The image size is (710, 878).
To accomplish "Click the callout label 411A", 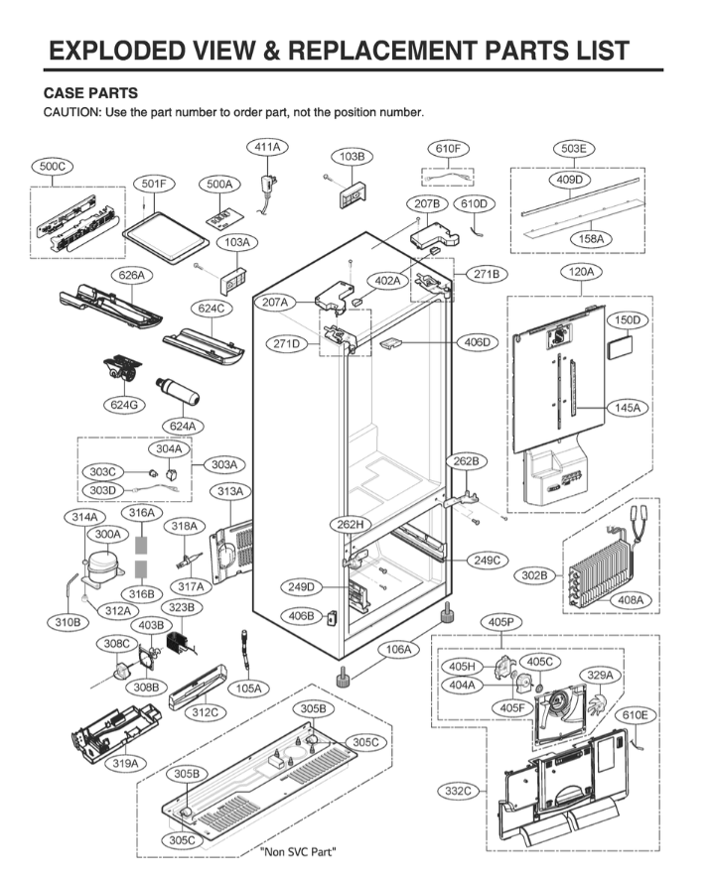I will pyautogui.click(x=267, y=147).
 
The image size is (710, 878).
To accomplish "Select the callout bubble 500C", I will pyautogui.click(x=53, y=168).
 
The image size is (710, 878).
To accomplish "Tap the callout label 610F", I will pyautogui.click(x=448, y=149).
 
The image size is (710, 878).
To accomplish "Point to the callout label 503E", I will pyautogui.click(x=573, y=149).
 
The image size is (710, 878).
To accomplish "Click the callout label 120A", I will pyautogui.click(x=582, y=271).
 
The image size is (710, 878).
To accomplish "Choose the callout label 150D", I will pyautogui.click(x=626, y=320).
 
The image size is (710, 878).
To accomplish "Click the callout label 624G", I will pyautogui.click(x=125, y=404).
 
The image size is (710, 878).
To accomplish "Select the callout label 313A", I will pyautogui.click(x=230, y=492).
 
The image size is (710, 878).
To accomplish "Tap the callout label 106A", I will pyautogui.click(x=399, y=650).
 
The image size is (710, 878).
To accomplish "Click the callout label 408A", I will pyautogui.click(x=631, y=600).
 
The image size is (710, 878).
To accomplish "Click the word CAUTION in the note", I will pyautogui.click(x=70, y=112).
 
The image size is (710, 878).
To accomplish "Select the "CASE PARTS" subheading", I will pyautogui.click(x=89, y=92).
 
